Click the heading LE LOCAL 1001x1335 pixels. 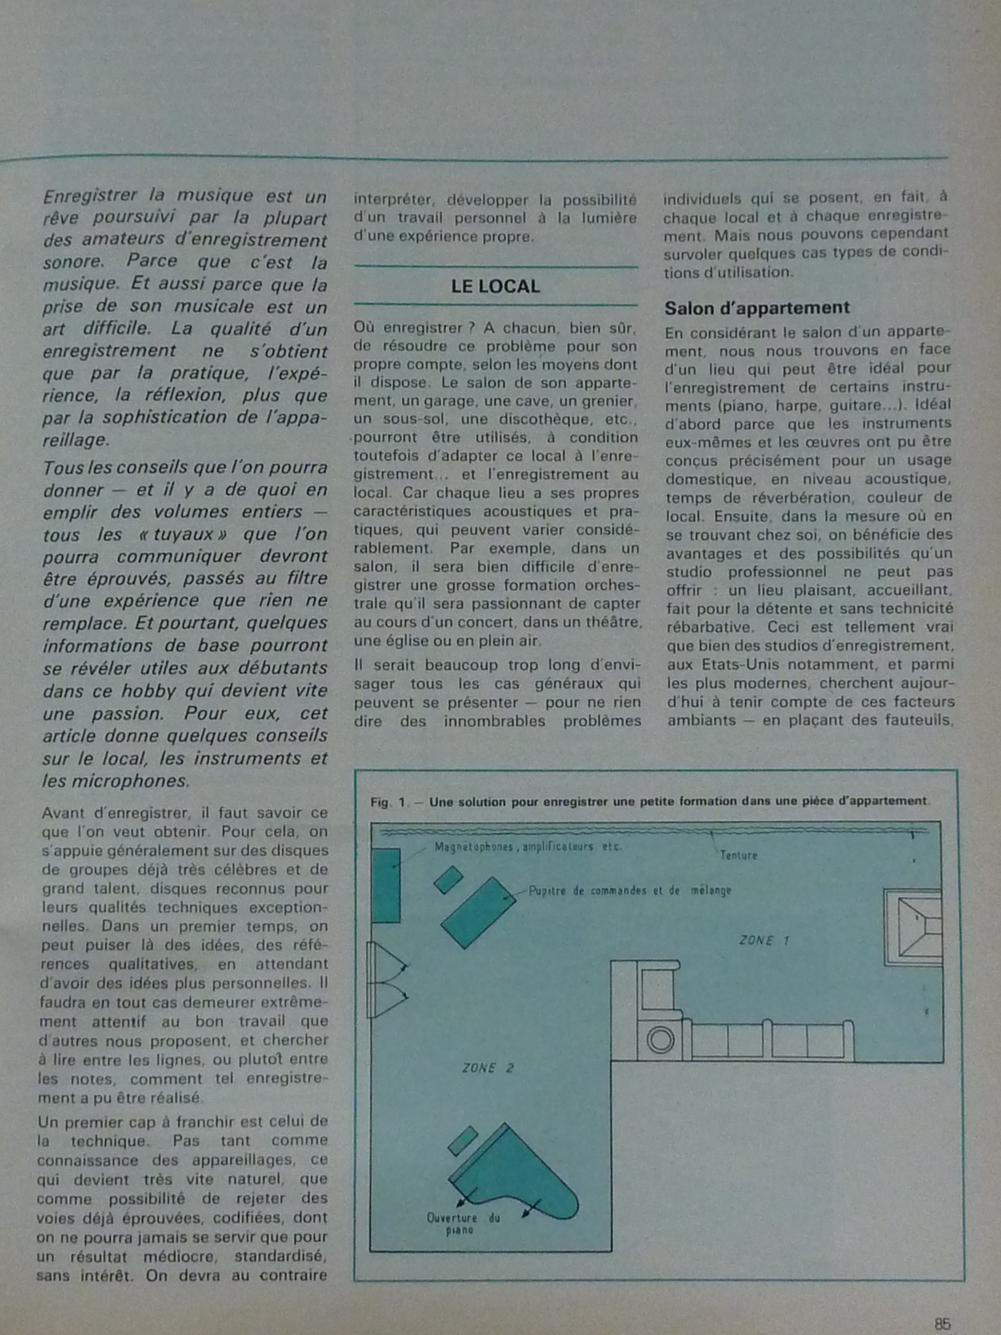495,286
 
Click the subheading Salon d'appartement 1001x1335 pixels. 757,308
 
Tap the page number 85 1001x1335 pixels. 943,1324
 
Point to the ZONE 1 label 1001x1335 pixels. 764,940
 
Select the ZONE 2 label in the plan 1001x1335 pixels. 488,1068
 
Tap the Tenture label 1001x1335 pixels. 738,855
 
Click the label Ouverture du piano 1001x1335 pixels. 463,1223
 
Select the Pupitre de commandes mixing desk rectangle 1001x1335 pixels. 478,912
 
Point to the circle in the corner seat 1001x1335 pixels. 661,1040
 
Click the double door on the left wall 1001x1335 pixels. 385,980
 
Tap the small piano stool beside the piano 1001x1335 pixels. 462,1141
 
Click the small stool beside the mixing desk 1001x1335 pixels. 448,879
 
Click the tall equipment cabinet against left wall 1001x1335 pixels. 385,885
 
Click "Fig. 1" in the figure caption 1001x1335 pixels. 389,803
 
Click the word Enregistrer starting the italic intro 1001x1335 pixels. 90,197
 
